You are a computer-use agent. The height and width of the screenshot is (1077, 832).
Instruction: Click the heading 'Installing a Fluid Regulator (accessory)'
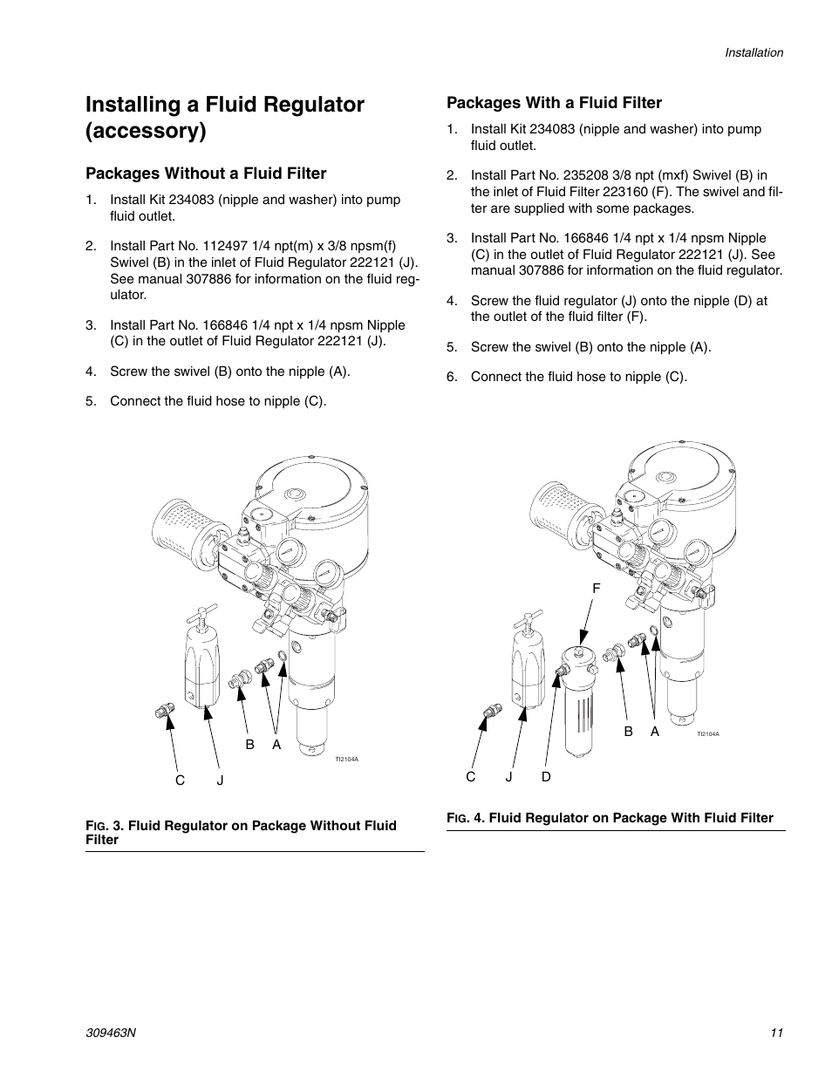point(225,118)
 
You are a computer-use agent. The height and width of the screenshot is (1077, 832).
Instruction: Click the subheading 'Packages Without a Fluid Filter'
point(206,174)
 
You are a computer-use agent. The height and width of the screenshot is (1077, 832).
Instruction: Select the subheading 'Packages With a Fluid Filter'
point(554,103)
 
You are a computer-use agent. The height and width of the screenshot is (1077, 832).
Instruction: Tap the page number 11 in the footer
point(776,1033)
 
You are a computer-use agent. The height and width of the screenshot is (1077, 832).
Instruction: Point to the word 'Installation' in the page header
point(754,52)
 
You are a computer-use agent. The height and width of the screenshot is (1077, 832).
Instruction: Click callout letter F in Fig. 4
point(597,589)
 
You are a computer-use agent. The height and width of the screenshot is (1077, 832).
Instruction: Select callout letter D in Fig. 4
point(547,776)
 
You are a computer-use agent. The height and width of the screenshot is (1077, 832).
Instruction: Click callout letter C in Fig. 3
point(181,780)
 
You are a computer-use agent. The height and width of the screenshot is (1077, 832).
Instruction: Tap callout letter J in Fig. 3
point(221,780)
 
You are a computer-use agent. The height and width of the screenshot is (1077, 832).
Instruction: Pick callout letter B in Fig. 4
point(628,733)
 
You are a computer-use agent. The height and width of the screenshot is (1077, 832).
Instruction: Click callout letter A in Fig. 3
point(276,744)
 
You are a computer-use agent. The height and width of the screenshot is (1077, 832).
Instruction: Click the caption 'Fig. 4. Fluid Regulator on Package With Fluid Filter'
point(610,818)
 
